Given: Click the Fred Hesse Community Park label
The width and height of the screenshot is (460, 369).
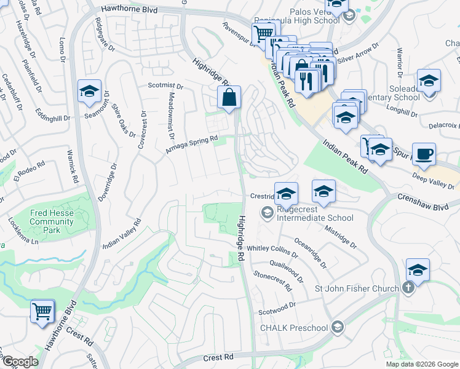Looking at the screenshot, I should tap(52, 221).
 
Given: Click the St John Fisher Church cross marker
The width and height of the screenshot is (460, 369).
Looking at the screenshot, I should tap(408, 288).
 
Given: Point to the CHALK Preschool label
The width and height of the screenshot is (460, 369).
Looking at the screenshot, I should tap(294, 327).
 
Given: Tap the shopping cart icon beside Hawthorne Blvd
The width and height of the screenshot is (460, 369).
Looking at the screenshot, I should tap(42, 311).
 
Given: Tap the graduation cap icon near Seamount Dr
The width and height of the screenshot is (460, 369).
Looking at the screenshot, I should tap(90, 92).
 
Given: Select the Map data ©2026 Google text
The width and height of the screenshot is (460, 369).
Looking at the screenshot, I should tap(422, 364).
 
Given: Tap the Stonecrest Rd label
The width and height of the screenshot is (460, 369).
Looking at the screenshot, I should tap(272, 279).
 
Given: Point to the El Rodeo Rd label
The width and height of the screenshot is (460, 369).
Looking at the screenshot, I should tap(30, 172).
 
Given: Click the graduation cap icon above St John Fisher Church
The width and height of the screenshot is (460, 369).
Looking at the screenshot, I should tap(418, 271).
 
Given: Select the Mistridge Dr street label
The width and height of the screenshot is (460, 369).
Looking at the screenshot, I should tap(340, 235).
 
